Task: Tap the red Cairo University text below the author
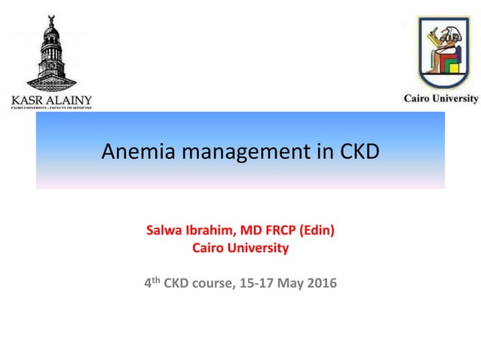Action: click(x=240, y=247)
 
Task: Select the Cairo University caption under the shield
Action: click(x=440, y=99)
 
